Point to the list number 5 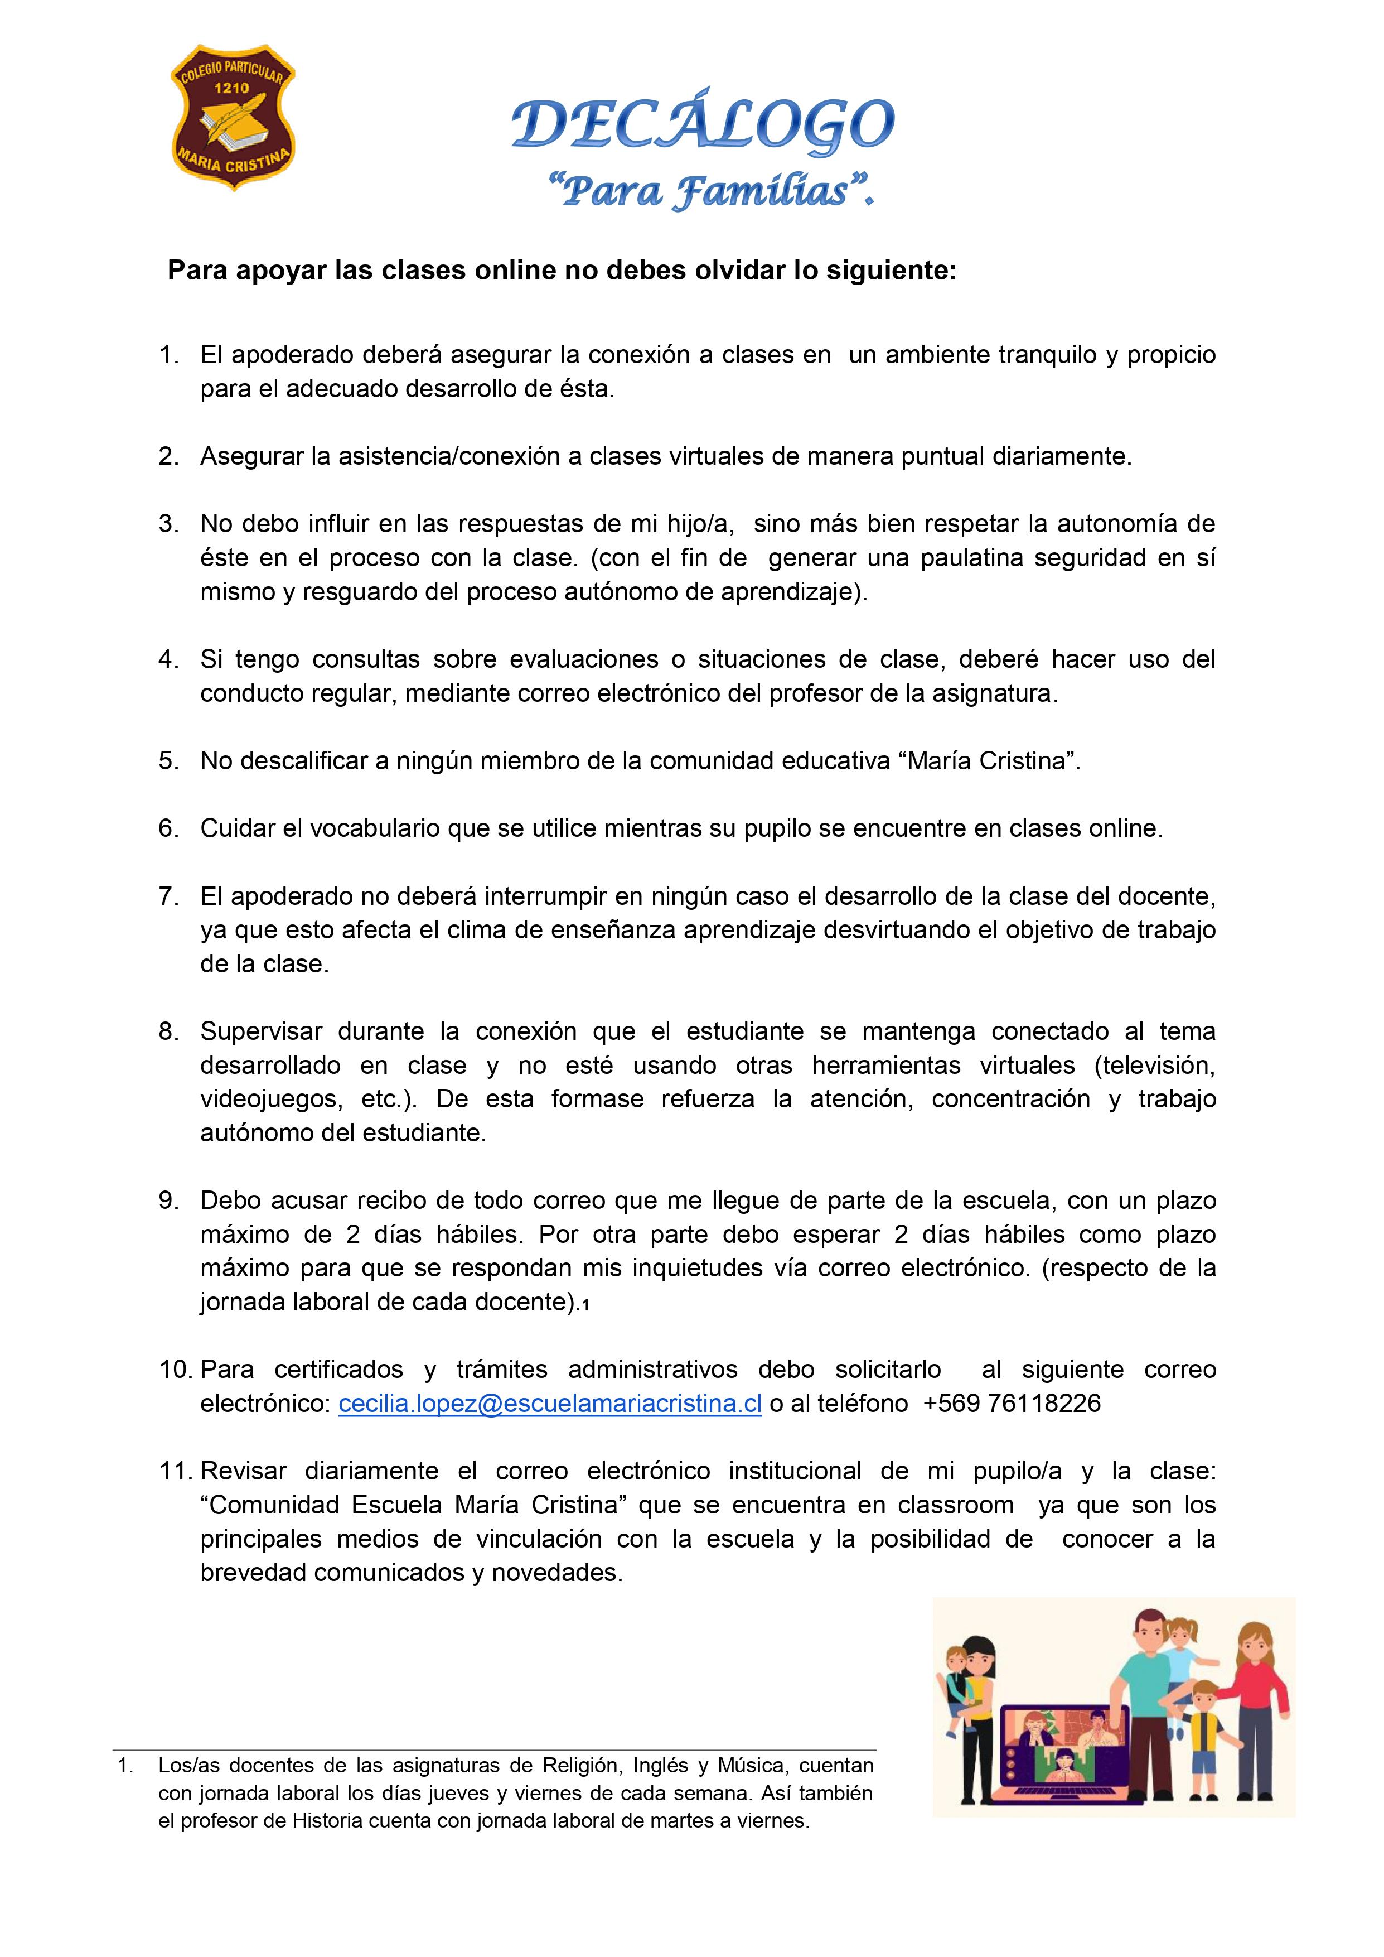point(168,760)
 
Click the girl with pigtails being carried point(1180,1649)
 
